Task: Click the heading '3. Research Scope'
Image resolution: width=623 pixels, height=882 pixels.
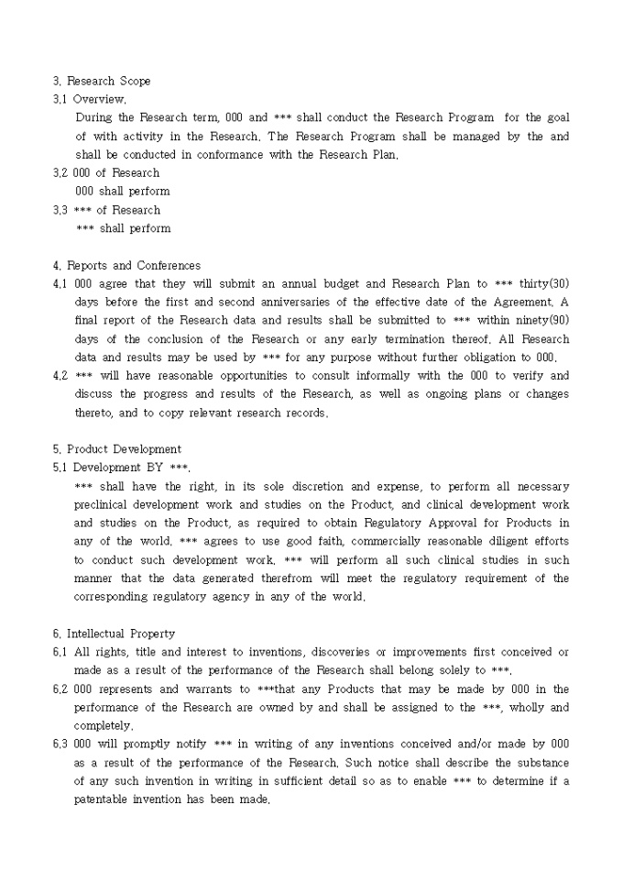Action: point(102,81)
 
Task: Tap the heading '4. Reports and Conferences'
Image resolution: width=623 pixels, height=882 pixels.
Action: point(126,265)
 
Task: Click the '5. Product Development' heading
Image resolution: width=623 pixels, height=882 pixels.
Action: point(116,449)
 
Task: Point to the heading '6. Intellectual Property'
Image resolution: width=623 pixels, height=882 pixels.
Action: point(114,634)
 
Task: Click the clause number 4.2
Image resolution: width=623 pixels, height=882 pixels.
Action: point(60,376)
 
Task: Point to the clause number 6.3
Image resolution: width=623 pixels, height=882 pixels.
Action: point(60,744)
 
